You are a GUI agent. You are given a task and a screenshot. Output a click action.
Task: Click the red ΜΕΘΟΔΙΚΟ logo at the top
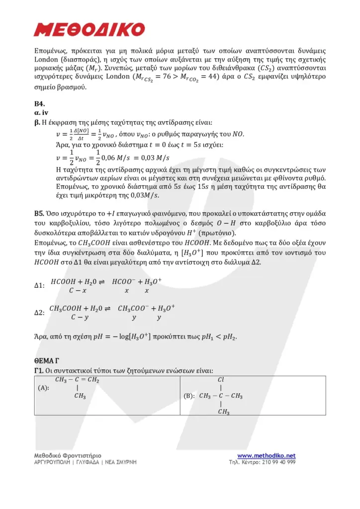click(x=90, y=29)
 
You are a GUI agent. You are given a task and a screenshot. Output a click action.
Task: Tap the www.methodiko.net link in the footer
click(x=266, y=456)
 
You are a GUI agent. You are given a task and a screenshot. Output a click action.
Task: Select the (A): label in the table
click(x=43, y=389)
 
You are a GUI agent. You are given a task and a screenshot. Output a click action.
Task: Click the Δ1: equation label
click(x=39, y=285)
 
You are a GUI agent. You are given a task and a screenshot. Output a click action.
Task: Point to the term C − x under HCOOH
click(x=78, y=290)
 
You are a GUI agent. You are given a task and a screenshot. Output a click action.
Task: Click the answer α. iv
click(x=41, y=113)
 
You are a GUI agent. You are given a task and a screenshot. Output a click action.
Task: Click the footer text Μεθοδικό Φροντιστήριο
click(x=68, y=455)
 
